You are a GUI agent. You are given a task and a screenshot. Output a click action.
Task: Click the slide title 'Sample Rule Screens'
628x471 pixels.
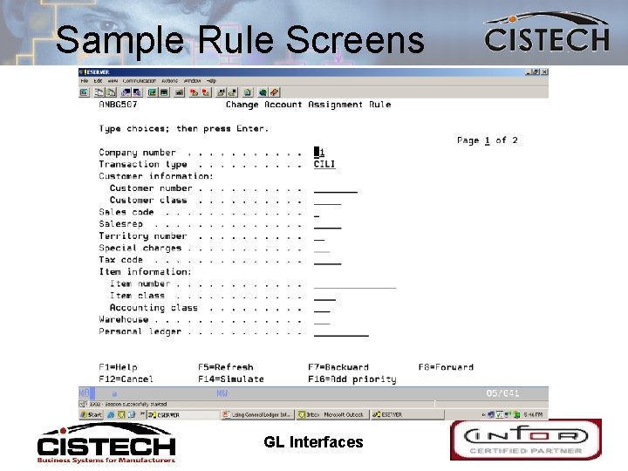240,40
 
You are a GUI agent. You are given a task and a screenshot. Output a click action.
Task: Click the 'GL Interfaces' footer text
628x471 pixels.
313,442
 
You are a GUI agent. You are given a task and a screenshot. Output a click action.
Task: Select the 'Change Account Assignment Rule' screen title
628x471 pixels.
308,105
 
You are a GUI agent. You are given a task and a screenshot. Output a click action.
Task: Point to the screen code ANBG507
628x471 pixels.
119,105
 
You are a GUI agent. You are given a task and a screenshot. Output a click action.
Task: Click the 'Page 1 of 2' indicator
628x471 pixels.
487,140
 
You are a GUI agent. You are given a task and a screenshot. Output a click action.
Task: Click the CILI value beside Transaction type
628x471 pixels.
324,164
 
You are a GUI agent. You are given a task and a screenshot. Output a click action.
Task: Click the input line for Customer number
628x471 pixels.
335,188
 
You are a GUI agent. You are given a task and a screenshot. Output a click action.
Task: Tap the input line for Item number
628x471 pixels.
354,283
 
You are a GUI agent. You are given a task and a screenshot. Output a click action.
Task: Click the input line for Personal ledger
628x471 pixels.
341,331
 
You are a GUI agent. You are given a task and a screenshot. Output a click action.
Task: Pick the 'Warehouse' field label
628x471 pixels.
123,319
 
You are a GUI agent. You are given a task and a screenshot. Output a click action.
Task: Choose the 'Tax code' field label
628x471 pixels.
120,260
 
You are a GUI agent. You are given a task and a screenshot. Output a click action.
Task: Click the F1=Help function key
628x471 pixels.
118,367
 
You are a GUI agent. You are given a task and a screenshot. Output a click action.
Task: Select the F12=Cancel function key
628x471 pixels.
126,379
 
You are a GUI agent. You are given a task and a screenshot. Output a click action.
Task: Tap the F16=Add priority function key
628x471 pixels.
352,379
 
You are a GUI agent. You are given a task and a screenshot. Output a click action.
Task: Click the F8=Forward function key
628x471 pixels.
446,367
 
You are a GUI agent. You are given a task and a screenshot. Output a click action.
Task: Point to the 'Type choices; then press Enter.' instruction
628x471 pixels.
183,129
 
